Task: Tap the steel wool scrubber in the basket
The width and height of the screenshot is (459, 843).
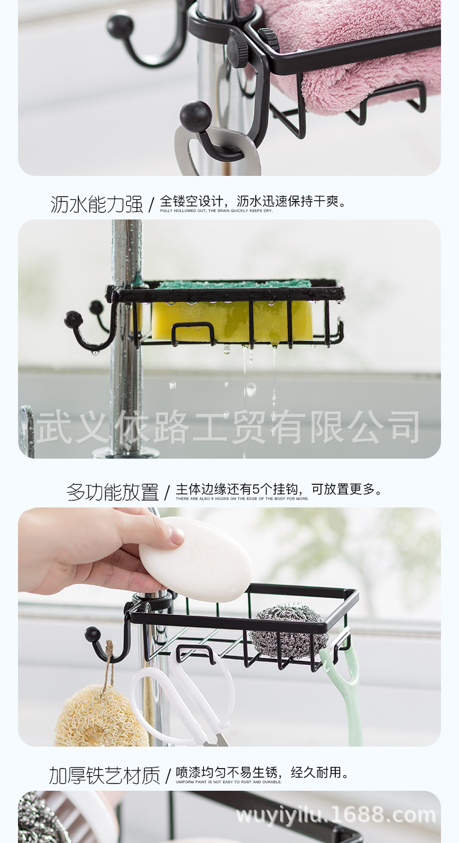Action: click(x=289, y=631)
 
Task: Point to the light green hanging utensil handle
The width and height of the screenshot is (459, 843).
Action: click(x=347, y=691)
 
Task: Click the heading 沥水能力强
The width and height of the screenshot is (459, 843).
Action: click(x=96, y=204)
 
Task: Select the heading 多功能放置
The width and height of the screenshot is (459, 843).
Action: click(x=112, y=492)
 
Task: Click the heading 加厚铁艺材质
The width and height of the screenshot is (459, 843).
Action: click(x=104, y=775)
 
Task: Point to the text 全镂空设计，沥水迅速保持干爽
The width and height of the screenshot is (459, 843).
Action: click(x=253, y=201)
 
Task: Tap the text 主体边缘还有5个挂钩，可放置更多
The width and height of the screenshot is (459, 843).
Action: click(x=279, y=489)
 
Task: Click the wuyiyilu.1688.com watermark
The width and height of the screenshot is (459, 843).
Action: click(x=336, y=815)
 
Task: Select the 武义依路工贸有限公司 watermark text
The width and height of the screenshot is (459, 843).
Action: click(x=228, y=427)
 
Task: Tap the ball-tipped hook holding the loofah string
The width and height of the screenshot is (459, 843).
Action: click(x=102, y=644)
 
